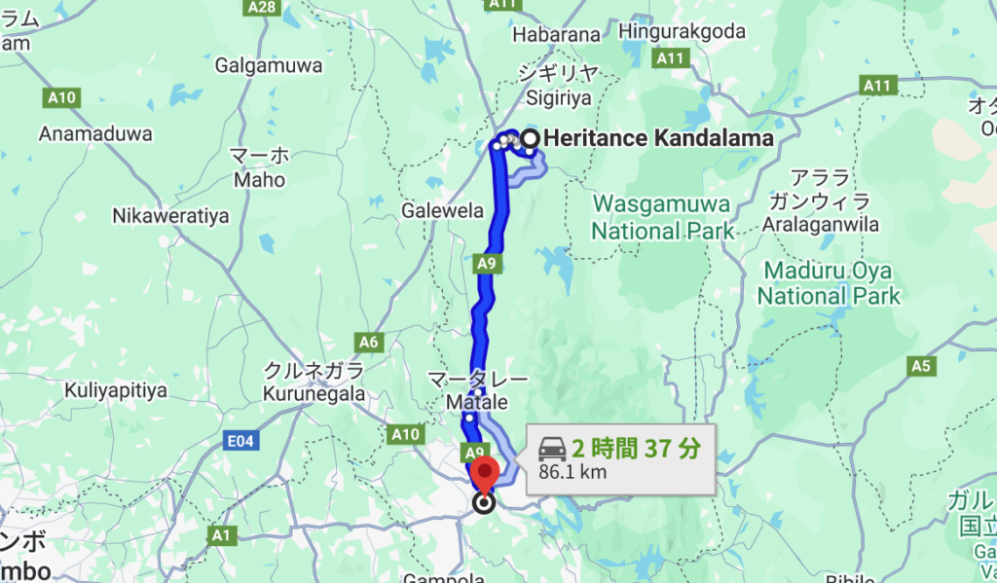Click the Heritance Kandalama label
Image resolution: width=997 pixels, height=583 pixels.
click(659, 138)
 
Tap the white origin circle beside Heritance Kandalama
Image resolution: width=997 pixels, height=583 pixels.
click(530, 139)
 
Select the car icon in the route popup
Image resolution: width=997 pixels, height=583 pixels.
click(552, 449)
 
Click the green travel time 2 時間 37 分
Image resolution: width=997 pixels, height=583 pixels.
click(636, 449)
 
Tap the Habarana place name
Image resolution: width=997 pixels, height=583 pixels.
click(557, 34)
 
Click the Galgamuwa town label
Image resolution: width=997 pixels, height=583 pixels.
click(262, 66)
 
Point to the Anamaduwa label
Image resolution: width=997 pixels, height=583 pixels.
click(95, 134)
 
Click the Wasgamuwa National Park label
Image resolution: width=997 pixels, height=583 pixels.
click(663, 218)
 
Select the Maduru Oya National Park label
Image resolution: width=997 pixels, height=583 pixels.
click(830, 282)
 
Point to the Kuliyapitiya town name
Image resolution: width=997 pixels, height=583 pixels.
click(116, 391)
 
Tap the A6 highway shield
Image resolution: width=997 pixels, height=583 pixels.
click(369, 342)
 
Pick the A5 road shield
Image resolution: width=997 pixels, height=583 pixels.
click(920, 366)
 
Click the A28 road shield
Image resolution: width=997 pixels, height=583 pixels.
click(262, 7)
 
